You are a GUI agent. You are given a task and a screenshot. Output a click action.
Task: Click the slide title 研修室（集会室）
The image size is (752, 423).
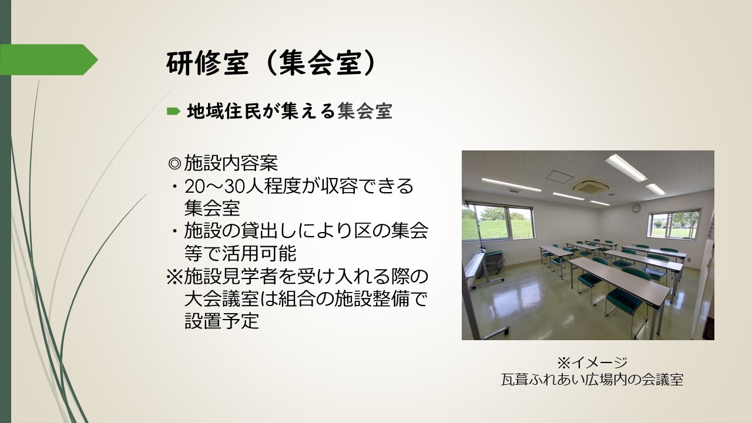271,63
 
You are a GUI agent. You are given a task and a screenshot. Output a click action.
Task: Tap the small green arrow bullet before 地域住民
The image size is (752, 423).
173,111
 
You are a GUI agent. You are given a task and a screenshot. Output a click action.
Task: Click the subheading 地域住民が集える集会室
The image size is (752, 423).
290,111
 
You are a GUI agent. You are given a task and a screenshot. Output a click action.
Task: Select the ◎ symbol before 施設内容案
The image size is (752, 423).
174,164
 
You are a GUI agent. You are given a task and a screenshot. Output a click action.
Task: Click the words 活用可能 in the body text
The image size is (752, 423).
259,253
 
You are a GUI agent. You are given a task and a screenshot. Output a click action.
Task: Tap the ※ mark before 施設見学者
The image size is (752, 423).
174,276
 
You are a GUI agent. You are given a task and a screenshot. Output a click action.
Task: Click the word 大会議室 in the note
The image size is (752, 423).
221,298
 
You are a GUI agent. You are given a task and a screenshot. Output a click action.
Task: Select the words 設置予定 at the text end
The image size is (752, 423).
221,321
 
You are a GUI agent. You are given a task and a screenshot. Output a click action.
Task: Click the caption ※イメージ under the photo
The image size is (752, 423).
592,362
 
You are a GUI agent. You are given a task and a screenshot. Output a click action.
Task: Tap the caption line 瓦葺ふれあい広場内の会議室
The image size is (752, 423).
592,380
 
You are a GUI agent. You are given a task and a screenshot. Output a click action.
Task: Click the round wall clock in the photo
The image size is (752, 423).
636,209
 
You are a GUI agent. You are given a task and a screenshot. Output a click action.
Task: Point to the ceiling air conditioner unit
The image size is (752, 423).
589,186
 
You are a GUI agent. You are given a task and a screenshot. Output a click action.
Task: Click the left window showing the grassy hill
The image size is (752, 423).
499,221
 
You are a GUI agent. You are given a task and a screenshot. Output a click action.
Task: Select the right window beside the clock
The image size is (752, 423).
674,224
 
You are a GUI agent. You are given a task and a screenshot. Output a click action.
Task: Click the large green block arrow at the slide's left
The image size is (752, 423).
49,59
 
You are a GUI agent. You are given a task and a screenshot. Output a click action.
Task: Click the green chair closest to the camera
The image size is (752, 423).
625,302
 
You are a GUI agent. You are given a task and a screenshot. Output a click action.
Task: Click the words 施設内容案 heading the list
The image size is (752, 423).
231,164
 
